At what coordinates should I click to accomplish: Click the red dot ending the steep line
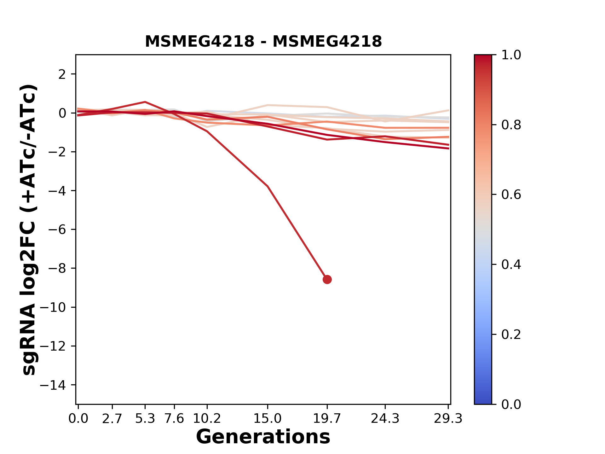[327, 279]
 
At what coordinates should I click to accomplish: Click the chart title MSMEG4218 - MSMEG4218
[263, 42]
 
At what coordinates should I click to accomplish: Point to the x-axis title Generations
[263, 437]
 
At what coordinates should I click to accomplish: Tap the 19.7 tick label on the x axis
[327, 419]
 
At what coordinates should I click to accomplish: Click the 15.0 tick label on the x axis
[268, 419]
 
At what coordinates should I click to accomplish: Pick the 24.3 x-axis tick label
[385, 419]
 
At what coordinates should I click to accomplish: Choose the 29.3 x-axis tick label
[448, 419]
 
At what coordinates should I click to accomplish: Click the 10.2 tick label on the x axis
[207, 419]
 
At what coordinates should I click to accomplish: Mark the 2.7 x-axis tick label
[112, 419]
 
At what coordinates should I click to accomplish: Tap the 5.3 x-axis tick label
[145, 419]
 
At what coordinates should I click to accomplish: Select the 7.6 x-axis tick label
[174, 419]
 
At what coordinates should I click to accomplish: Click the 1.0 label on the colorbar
[511, 55]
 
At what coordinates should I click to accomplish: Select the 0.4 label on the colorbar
[511, 265]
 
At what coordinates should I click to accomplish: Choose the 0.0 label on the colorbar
[511, 404]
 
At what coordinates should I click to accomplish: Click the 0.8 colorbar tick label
[511, 125]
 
